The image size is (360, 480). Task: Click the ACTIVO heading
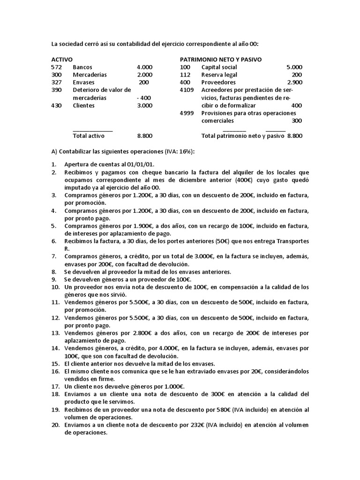62,60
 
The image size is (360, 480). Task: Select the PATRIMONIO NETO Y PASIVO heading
221,60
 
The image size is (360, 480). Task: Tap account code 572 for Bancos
56,67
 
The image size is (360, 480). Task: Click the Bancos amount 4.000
144,67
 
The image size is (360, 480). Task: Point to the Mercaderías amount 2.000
144,75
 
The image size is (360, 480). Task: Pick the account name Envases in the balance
83,82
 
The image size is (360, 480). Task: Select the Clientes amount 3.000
144,105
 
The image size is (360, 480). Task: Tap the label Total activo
89,136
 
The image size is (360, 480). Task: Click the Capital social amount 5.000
294,67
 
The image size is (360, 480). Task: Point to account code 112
185,75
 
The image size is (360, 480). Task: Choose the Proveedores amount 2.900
294,82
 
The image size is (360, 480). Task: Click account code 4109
187,90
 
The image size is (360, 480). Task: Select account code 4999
187,113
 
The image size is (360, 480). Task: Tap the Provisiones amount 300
297,121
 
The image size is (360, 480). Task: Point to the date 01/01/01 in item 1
141,165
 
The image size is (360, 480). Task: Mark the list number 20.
55,425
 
